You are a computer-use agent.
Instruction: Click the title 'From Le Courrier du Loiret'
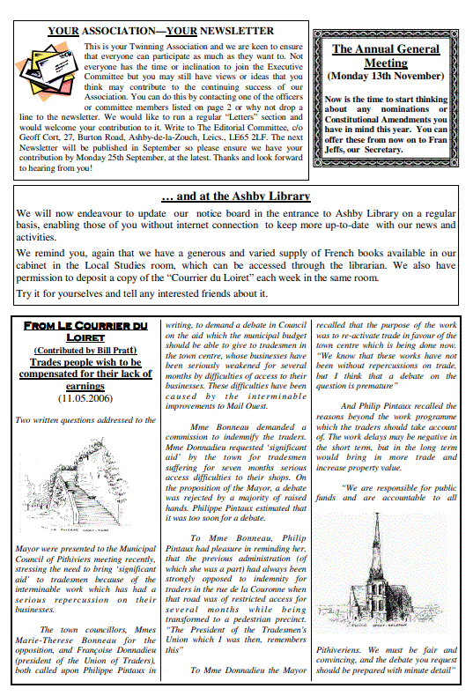[85, 331]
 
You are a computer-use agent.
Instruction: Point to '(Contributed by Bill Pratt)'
[85, 351]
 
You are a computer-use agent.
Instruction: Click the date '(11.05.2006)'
[85, 397]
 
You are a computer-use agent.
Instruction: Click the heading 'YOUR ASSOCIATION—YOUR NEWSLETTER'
[160, 31]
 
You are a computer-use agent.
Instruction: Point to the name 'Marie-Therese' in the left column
[48, 642]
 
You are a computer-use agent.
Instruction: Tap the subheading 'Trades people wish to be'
[85, 362]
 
